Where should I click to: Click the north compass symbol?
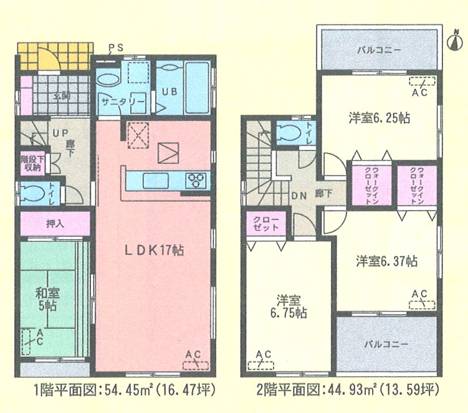click(455, 41)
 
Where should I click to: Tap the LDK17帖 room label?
click(154, 250)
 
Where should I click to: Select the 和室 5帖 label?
click(48, 299)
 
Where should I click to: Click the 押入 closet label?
click(55, 223)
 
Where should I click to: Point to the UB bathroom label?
click(170, 92)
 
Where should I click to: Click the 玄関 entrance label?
click(62, 97)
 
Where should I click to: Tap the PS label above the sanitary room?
click(115, 48)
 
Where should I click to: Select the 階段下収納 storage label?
click(32, 164)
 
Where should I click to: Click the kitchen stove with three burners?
click(196, 181)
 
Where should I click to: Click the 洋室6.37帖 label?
click(387, 262)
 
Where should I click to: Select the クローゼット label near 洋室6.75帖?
click(265, 224)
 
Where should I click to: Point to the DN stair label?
click(299, 196)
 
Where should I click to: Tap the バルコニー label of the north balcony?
click(379, 50)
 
